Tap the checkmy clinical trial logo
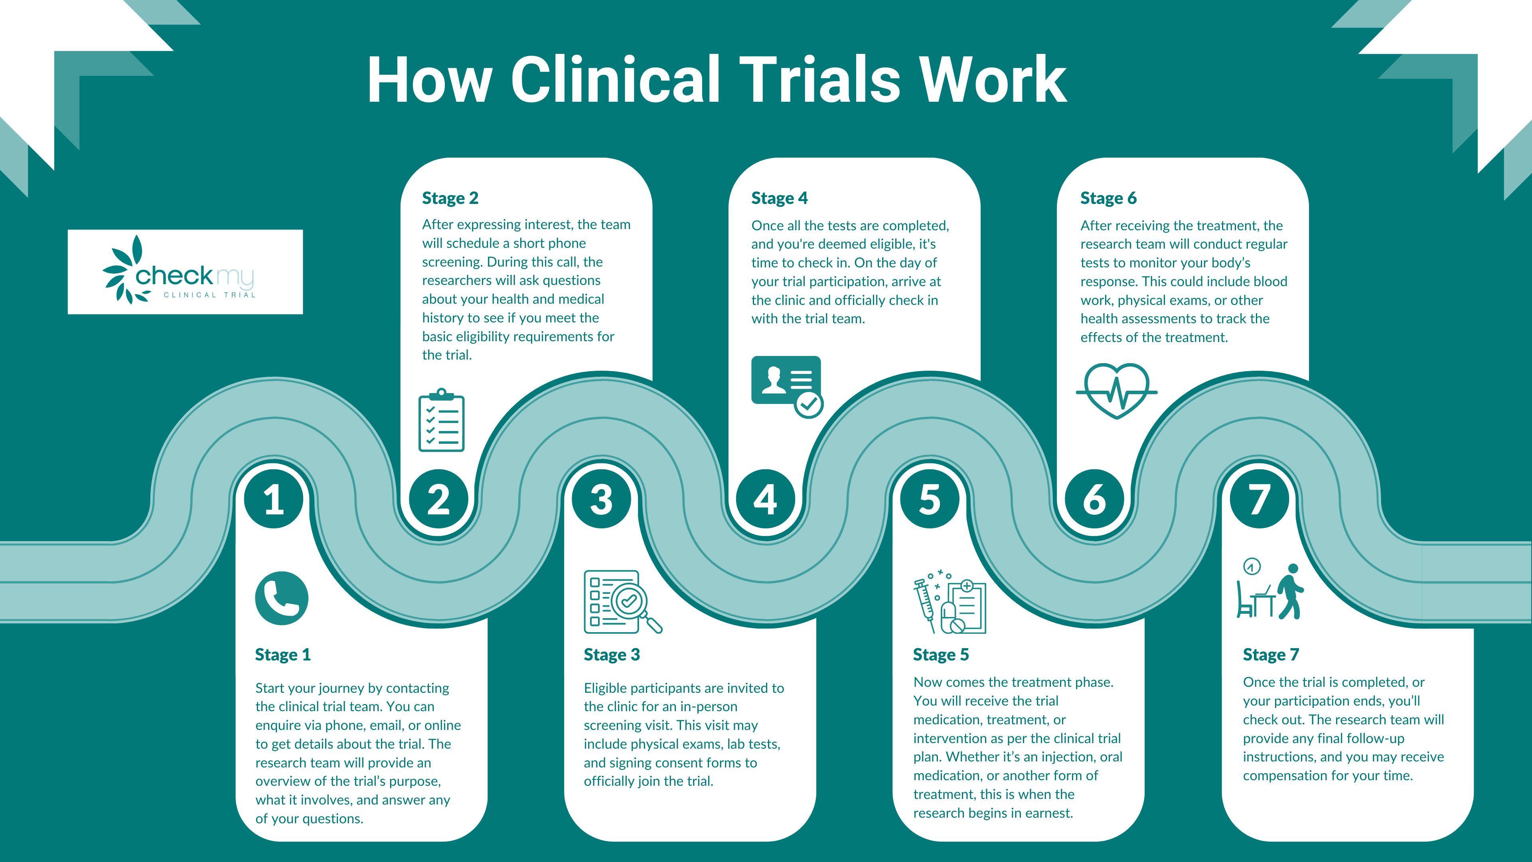185,272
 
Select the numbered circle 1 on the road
274,498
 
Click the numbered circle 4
766,498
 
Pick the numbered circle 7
1259,498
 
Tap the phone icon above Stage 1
281,598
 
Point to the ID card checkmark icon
787,386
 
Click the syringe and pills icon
950,601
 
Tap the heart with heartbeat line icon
1116,391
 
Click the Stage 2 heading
450,198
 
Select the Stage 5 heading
941,654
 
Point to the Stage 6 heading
1108,198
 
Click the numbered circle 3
601,498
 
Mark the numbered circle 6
1094,498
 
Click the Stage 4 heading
779,198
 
